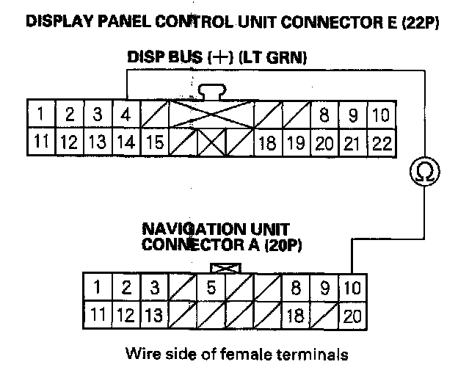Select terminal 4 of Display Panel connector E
click(126, 115)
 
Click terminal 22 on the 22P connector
click(381, 142)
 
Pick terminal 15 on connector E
click(154, 142)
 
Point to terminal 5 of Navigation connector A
click(211, 288)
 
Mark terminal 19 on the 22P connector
click(295, 142)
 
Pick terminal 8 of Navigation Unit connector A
click(296, 288)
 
